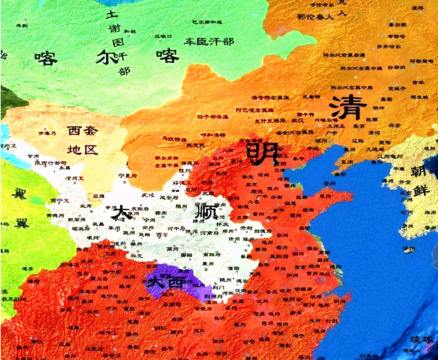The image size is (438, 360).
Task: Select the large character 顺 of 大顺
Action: tap(206, 210)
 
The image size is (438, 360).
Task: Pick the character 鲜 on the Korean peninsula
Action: tap(422, 190)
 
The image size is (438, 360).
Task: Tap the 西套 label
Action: tap(82, 131)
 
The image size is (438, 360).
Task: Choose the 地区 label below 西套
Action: tap(82, 150)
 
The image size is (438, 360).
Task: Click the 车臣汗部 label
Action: tap(209, 42)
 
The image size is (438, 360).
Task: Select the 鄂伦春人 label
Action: tap(315, 16)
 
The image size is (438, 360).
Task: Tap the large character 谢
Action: tap(114, 29)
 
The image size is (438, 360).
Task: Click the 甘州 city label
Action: tap(33, 156)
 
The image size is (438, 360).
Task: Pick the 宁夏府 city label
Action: tap(127, 176)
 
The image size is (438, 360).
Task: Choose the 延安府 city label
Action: tap(169, 198)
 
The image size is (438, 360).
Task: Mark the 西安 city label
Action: tap(162, 235)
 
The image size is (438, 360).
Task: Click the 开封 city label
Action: tap(245, 228)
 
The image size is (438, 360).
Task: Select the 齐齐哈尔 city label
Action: tap(389, 46)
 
